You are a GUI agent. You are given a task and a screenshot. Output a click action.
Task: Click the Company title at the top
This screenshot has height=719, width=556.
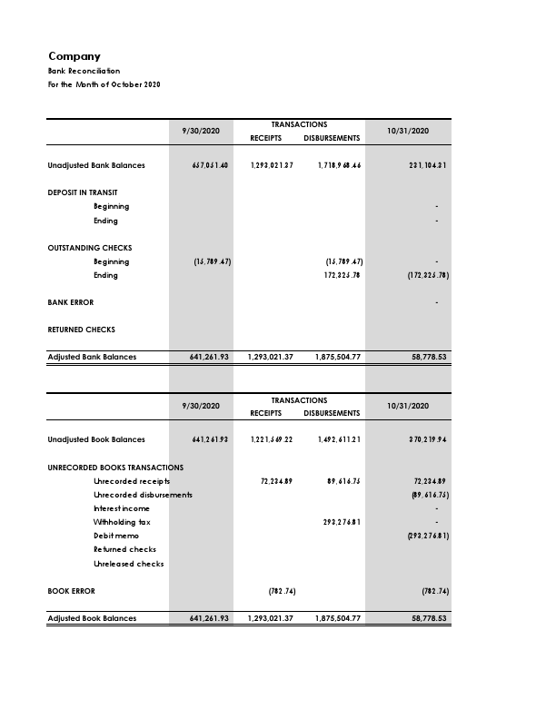pyautogui.click(x=74, y=56)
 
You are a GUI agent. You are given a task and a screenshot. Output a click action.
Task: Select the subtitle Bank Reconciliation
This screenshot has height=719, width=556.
pyautogui.click(x=84, y=71)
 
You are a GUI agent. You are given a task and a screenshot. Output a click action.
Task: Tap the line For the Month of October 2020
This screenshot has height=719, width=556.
pyautogui.click(x=104, y=84)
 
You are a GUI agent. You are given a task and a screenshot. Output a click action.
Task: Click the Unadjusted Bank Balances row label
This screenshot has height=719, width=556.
pyautogui.click(x=96, y=165)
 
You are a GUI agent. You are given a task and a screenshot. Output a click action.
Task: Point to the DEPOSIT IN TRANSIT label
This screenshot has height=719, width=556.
pyautogui.click(x=83, y=192)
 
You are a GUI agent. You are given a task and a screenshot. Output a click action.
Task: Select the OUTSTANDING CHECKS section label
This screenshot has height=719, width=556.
pyautogui.click(x=90, y=248)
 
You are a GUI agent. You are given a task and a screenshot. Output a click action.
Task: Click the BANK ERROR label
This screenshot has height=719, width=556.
pyautogui.click(x=70, y=302)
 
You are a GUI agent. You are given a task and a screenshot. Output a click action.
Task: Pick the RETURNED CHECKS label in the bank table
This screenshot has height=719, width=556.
pyautogui.click(x=81, y=330)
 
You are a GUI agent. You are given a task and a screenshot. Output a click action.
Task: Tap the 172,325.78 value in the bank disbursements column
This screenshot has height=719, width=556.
pyautogui.click(x=343, y=275)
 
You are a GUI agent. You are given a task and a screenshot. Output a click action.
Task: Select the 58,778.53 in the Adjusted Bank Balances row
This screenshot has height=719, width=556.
pyautogui.click(x=429, y=357)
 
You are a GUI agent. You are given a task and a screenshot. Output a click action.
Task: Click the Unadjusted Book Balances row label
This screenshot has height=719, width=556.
pyautogui.click(x=96, y=439)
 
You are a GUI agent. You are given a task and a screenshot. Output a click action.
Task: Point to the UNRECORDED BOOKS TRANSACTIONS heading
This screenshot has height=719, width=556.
pyautogui.click(x=115, y=468)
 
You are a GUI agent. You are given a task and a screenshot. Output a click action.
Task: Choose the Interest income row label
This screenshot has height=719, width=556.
pyautogui.click(x=122, y=508)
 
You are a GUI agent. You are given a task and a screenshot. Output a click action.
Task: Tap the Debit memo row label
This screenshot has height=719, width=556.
pyautogui.click(x=116, y=536)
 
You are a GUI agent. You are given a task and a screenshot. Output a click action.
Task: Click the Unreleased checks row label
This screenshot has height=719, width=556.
pyautogui.click(x=129, y=564)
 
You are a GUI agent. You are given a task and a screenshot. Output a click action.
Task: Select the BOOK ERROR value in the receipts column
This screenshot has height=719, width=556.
pyautogui.click(x=282, y=591)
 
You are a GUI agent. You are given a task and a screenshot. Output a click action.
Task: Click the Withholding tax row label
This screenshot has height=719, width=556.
pyautogui.click(x=122, y=522)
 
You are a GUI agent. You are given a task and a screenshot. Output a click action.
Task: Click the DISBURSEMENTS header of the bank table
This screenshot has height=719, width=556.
pyautogui.click(x=332, y=138)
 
